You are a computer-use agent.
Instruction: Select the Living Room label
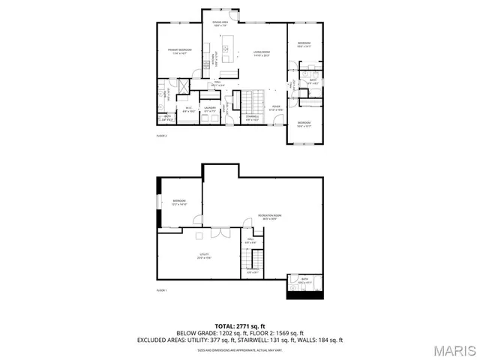point(260,53)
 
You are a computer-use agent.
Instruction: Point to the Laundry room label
point(210,109)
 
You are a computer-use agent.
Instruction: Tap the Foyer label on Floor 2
point(276,107)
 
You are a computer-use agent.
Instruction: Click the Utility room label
point(205,256)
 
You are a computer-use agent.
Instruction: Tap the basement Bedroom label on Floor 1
point(178,202)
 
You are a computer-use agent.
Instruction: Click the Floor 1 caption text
point(161,289)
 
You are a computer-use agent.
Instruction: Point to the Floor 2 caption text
point(161,136)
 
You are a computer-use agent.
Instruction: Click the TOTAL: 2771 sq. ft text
point(240,326)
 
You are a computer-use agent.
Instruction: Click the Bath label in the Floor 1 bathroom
point(304,280)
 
